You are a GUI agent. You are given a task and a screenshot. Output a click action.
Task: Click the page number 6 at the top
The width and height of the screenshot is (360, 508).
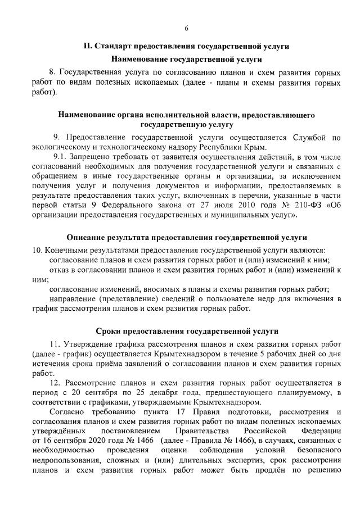click(186, 29)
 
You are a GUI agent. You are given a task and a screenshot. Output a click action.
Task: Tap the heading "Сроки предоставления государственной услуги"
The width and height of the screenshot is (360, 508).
click(186, 332)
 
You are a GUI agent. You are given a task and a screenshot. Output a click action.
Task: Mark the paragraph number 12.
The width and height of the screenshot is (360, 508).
click(58, 383)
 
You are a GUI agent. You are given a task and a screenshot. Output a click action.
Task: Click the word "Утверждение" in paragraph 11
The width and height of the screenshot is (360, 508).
click(89, 344)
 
